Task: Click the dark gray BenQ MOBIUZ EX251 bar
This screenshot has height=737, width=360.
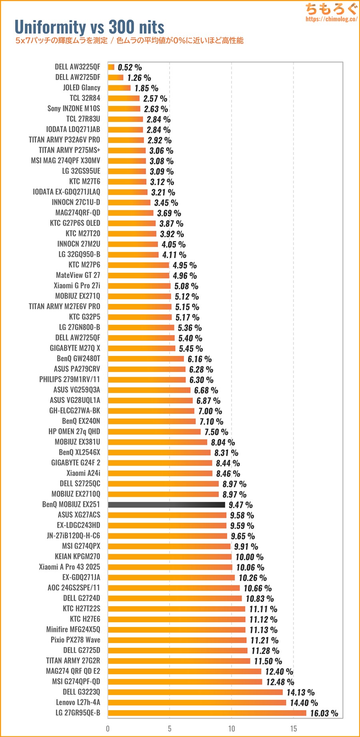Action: click(166, 505)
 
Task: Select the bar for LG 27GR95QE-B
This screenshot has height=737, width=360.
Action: click(207, 713)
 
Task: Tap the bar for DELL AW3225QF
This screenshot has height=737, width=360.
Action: click(111, 67)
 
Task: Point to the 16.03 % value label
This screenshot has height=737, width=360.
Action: click(324, 713)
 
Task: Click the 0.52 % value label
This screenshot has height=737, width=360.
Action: click(130, 68)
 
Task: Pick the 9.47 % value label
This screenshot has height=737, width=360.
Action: click(240, 505)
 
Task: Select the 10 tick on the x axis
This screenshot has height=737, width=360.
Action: click(232, 729)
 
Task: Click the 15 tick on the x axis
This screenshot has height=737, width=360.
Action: click(294, 729)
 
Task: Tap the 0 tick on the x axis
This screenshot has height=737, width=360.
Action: click(108, 729)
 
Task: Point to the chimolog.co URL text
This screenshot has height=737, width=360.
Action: click(331, 19)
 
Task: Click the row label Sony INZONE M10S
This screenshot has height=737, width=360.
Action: click(74, 108)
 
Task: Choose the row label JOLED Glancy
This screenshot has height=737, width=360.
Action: click(81, 88)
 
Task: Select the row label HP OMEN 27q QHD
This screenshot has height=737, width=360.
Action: click(74, 431)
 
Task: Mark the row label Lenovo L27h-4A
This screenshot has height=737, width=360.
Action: click(78, 702)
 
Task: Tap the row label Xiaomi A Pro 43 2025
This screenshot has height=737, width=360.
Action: click(70, 567)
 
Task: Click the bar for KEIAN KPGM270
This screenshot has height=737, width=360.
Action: click(170, 557)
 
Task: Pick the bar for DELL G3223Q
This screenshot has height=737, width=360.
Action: click(195, 692)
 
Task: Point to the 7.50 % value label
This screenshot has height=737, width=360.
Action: click(216, 432)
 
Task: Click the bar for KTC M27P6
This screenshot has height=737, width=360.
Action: click(138, 265)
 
